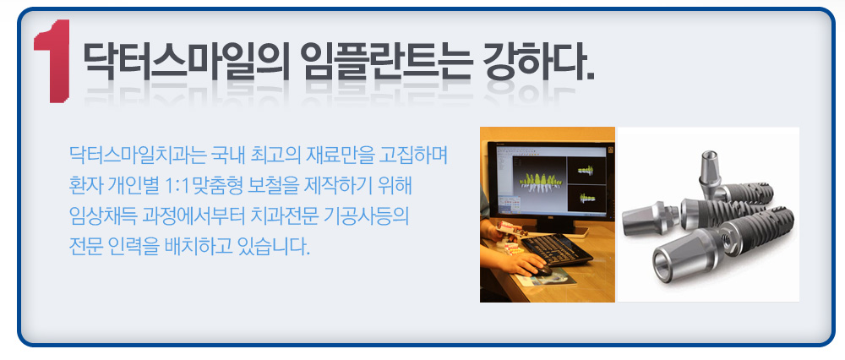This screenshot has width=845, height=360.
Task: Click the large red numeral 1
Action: click(x=52, y=61)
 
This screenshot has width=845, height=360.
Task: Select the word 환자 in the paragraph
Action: click(x=85, y=187)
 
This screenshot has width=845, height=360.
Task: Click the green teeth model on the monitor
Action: click(x=539, y=183)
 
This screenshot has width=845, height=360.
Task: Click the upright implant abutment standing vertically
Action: click(x=710, y=172)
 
